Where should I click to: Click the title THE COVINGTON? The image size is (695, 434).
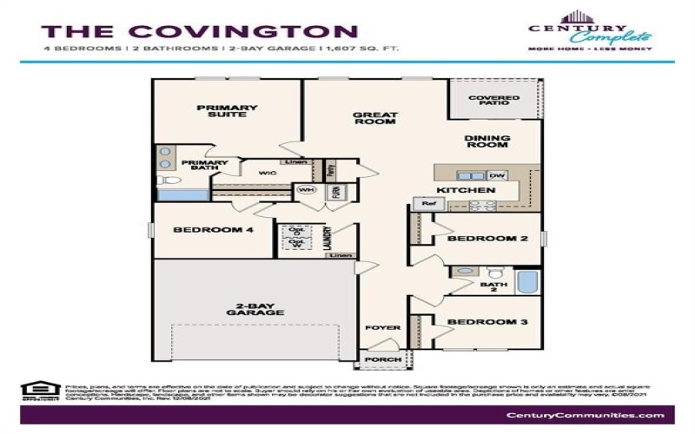pos(187,32)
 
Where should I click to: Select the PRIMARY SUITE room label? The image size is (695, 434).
pos(227,111)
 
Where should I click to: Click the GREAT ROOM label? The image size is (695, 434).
pos(375,118)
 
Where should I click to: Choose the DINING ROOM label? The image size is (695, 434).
pos(487,142)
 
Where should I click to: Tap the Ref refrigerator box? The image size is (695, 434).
pos(427,203)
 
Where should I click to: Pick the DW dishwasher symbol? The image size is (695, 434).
pos(497,175)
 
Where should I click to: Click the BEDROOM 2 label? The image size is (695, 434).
pos(487,237)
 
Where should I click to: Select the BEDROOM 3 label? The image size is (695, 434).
pos(487,322)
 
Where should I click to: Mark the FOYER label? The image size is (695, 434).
pos(381,328)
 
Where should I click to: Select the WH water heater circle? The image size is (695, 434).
pos(306,189)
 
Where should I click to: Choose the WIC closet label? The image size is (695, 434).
pos(266,174)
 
